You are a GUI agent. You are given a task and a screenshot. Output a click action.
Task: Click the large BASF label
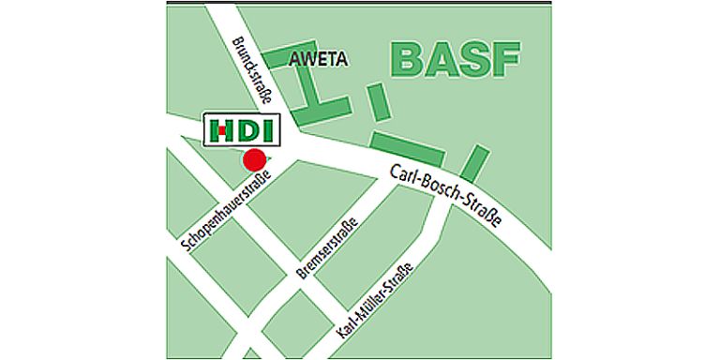(x=455, y=57)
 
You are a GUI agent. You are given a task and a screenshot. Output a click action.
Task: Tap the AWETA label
(x=319, y=59)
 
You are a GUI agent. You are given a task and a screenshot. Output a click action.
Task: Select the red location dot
(x=254, y=159)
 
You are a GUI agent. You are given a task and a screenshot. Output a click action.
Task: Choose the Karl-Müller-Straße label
(x=376, y=302)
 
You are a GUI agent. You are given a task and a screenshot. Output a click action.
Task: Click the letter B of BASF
(x=406, y=57)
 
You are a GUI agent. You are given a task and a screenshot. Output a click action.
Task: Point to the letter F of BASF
(x=504, y=57)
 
